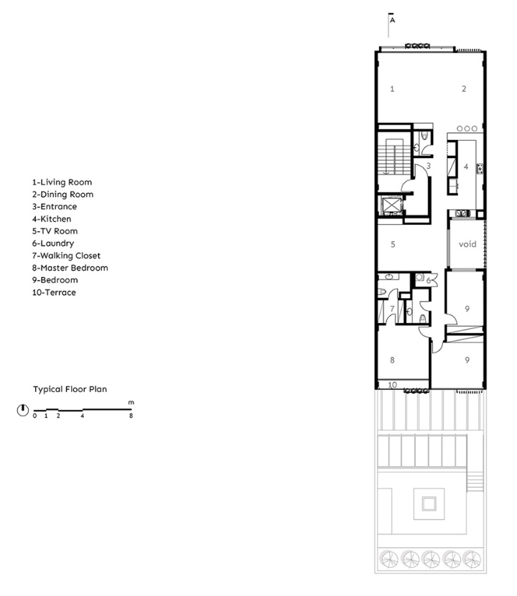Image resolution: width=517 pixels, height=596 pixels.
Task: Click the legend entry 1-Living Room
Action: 62,182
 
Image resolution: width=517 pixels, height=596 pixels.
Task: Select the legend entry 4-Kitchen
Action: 52,219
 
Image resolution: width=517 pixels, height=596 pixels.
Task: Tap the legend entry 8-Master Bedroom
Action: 70,268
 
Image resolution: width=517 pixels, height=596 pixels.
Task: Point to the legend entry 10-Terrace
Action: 54,292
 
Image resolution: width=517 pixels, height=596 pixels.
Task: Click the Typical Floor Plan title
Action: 70,389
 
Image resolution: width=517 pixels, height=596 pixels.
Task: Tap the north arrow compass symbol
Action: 23,410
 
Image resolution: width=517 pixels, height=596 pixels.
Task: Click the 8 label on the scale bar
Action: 131,416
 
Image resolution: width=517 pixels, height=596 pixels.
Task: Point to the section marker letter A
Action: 393,20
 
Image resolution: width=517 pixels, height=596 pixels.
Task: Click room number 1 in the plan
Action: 392,89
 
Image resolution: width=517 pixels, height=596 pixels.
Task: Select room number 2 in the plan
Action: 464,89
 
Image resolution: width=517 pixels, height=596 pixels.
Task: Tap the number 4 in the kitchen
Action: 466,167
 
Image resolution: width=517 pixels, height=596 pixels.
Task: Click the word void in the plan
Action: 467,244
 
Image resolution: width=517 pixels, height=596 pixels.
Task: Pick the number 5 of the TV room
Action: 393,244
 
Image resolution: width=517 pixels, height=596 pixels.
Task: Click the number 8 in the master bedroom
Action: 392,360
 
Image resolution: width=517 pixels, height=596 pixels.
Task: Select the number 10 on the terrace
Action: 392,385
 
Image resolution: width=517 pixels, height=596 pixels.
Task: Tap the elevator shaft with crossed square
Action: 391,205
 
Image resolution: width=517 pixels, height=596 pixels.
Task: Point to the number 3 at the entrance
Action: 429,166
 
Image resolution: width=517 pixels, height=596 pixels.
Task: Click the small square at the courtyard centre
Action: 429,504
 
